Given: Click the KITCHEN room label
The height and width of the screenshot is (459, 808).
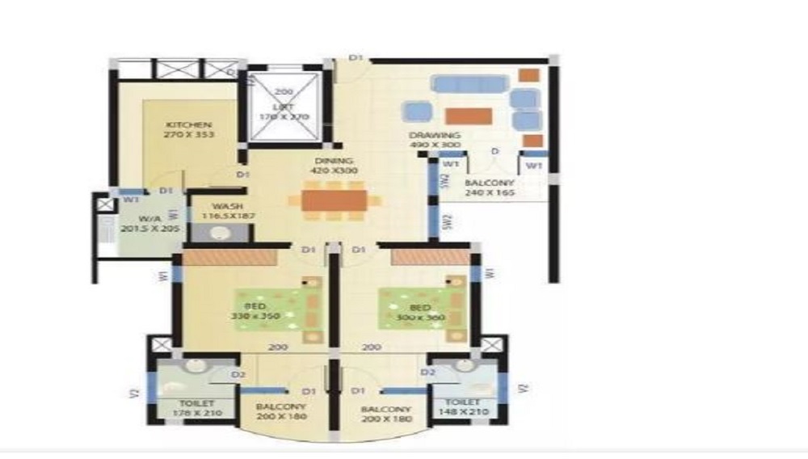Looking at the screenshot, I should pos(188,125).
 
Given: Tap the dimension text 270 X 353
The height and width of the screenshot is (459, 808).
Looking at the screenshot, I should pos(188,135).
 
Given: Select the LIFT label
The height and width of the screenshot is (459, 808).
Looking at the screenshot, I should pos(284,107).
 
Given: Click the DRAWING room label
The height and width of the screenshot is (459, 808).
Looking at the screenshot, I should pos(435,135).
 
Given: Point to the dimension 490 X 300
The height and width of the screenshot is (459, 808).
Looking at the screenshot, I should pos(435,145).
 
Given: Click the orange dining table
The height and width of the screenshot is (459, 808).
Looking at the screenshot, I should pos(334,200).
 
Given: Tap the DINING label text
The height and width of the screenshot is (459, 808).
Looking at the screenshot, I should pos(330,161).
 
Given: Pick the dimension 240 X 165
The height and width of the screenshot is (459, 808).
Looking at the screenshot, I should pos(489,194).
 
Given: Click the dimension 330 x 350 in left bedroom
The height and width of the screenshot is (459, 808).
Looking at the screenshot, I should pos(254,316).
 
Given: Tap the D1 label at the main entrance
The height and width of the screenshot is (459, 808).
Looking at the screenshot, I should pos(356,57).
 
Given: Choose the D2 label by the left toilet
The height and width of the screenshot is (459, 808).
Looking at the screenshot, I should pos(238,374).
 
